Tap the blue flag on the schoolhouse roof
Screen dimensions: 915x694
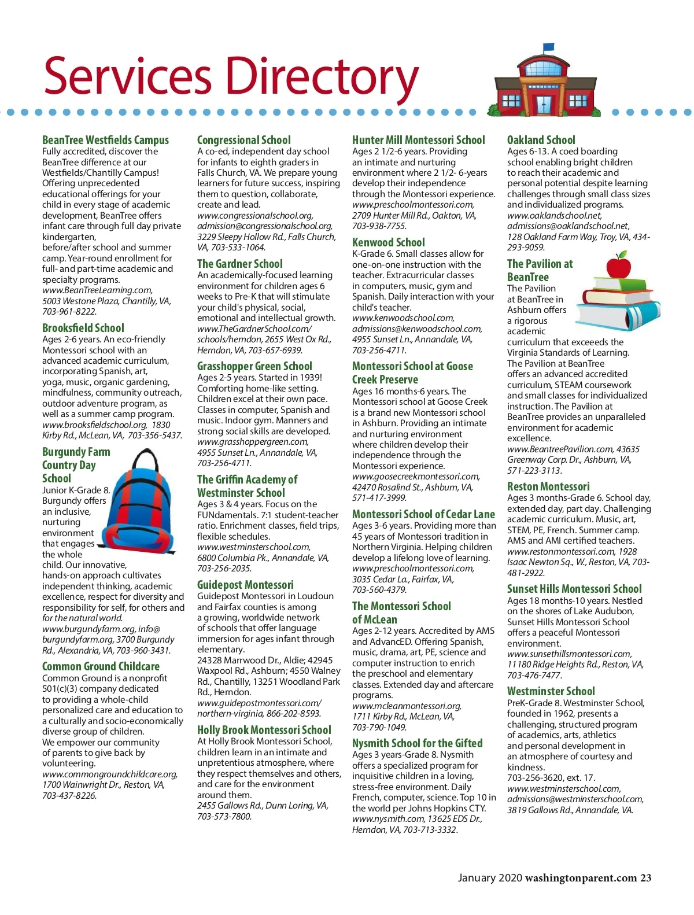[548, 47]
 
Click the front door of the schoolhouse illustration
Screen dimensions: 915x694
[544, 104]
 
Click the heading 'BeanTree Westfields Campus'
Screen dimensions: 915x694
[105, 140]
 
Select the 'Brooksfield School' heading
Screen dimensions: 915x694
[83, 328]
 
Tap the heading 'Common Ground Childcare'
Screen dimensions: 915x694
[101, 666]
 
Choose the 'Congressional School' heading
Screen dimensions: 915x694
[243, 140]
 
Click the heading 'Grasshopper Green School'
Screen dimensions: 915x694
[254, 366]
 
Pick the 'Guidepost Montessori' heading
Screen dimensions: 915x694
[245, 585]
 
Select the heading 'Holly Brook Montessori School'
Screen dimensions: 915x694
[264, 730]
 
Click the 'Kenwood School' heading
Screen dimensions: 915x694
[388, 242]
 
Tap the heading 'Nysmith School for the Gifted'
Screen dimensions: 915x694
[417, 743]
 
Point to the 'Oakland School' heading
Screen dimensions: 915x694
[541, 140]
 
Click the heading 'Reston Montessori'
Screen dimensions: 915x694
[548, 486]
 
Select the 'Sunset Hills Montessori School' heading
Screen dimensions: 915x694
[574, 589]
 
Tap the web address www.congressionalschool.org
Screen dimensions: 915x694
[254, 215]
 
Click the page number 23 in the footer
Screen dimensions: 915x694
[645, 878]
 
